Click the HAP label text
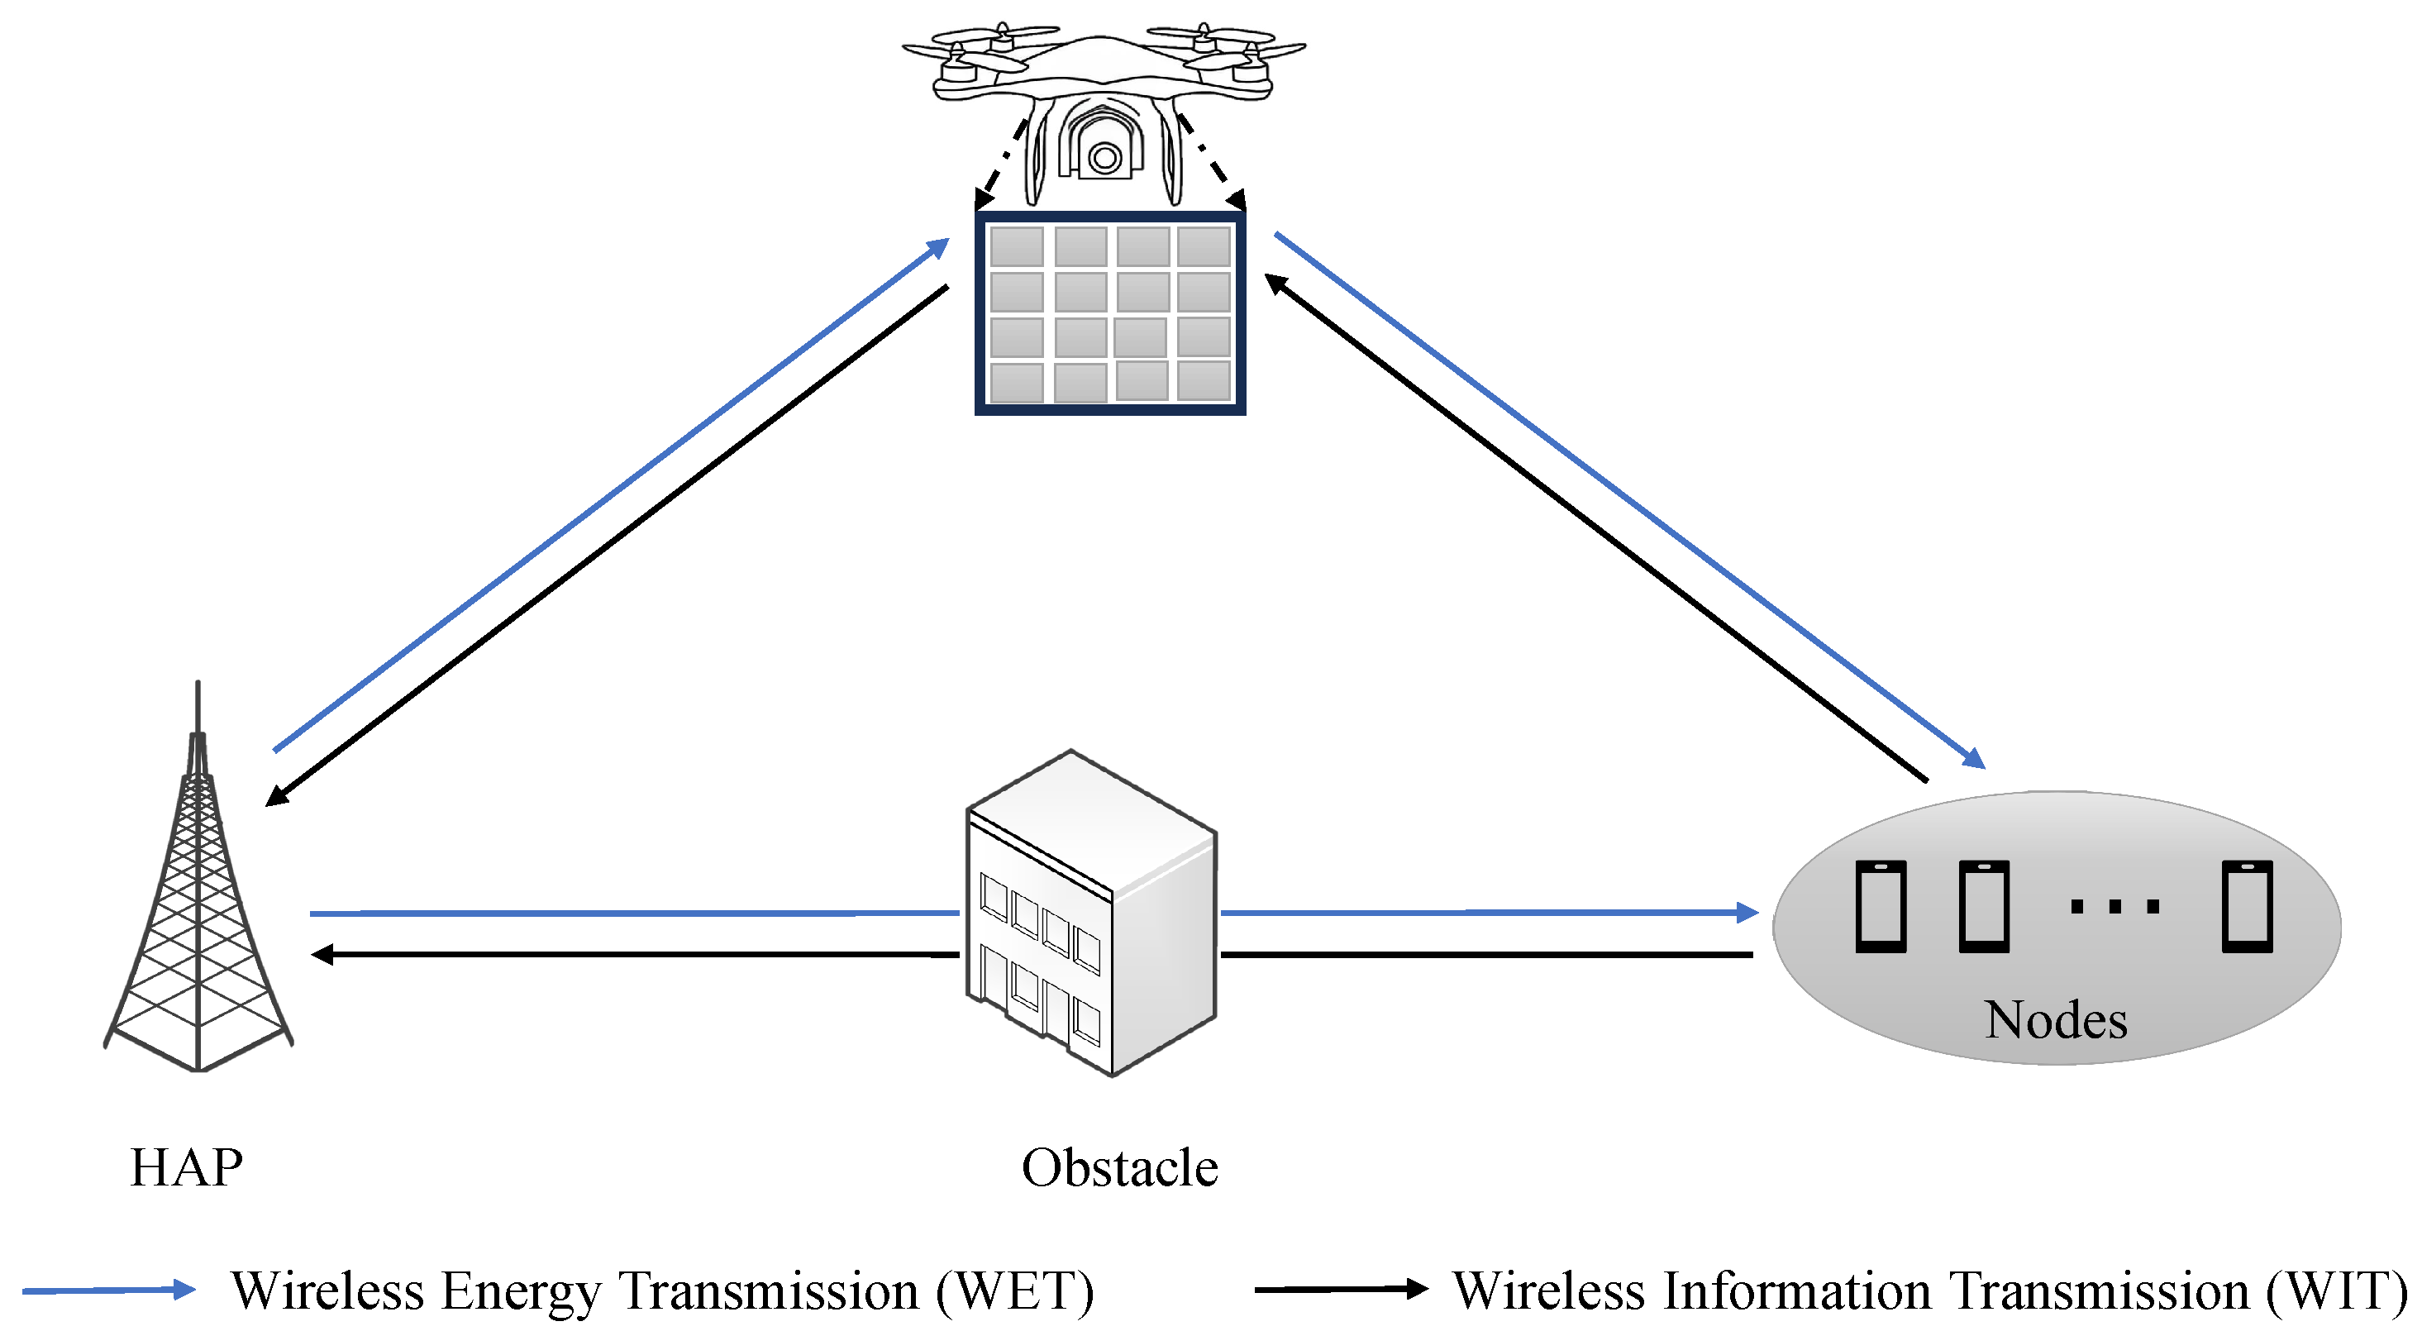point(186,1167)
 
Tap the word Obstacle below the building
point(1119,1167)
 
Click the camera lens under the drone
point(1104,158)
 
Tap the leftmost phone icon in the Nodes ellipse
point(1881,906)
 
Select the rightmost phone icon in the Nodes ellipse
point(2246,906)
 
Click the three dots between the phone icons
point(2114,907)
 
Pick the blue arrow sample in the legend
point(108,1290)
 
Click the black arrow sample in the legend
point(1340,1289)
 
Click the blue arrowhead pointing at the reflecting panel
point(937,247)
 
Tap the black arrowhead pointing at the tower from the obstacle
point(322,955)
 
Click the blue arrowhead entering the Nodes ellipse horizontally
point(1746,912)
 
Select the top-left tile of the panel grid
point(1017,246)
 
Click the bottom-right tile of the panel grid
point(1204,382)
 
